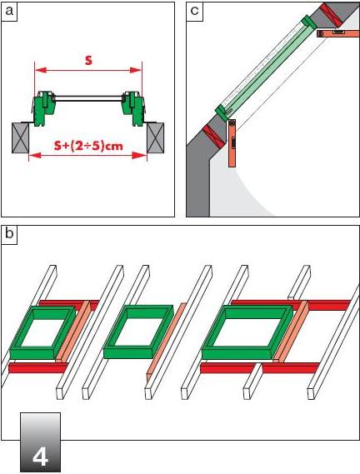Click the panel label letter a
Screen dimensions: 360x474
(x=9, y=11)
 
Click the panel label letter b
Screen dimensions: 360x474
(x=9, y=234)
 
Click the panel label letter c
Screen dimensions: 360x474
(x=194, y=11)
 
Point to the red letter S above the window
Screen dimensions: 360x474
(x=88, y=60)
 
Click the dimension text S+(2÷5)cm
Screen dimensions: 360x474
(x=88, y=146)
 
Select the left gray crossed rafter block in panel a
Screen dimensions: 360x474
(x=21, y=137)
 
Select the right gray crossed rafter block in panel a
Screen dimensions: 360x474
(x=156, y=137)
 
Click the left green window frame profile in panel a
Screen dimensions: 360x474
(x=44, y=108)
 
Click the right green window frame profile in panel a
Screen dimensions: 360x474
(x=132, y=108)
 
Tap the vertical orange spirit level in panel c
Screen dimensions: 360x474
(x=232, y=143)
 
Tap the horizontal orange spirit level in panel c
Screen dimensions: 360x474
(x=338, y=33)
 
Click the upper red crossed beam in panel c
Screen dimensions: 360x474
(x=332, y=14)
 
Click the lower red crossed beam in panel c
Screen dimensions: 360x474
(x=212, y=137)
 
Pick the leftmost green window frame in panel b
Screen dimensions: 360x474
(x=42, y=332)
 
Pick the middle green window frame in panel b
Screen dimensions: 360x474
(x=137, y=332)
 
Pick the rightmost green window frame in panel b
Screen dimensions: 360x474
(x=247, y=332)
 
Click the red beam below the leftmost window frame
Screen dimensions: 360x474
(x=37, y=368)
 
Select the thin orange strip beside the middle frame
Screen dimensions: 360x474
(x=166, y=339)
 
